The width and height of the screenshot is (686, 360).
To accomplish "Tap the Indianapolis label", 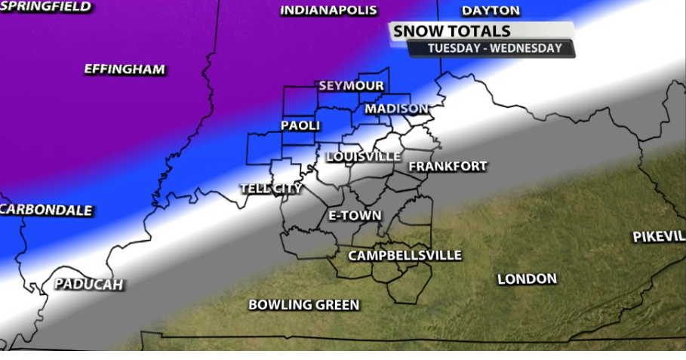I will [x=328, y=11].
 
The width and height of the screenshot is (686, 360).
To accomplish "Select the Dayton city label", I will [x=491, y=11].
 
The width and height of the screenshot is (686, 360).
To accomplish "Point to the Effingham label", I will [x=125, y=69].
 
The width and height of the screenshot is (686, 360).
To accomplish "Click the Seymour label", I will [x=351, y=85].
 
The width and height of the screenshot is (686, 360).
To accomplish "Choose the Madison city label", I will [x=396, y=109].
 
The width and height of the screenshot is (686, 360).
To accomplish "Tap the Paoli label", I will [x=300, y=125].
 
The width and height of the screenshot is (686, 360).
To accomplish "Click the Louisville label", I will [x=364, y=156].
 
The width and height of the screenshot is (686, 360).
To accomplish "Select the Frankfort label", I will [x=448, y=166].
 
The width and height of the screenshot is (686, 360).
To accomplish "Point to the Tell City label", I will [x=271, y=188].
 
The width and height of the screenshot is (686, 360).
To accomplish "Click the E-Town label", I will [x=355, y=216].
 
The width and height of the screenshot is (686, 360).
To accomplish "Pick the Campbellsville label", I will [x=405, y=256].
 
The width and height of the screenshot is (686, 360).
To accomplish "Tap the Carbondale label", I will [x=47, y=210].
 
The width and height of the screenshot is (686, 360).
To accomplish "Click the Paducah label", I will [x=88, y=285].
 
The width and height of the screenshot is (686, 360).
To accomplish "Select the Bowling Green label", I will [x=304, y=305].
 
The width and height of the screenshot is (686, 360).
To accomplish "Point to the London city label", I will [x=527, y=279].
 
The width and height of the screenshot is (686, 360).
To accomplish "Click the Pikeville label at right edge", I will [x=659, y=237].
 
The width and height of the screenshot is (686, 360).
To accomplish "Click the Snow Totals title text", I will [x=452, y=32].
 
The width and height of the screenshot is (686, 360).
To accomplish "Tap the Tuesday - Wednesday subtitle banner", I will [x=494, y=48].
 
